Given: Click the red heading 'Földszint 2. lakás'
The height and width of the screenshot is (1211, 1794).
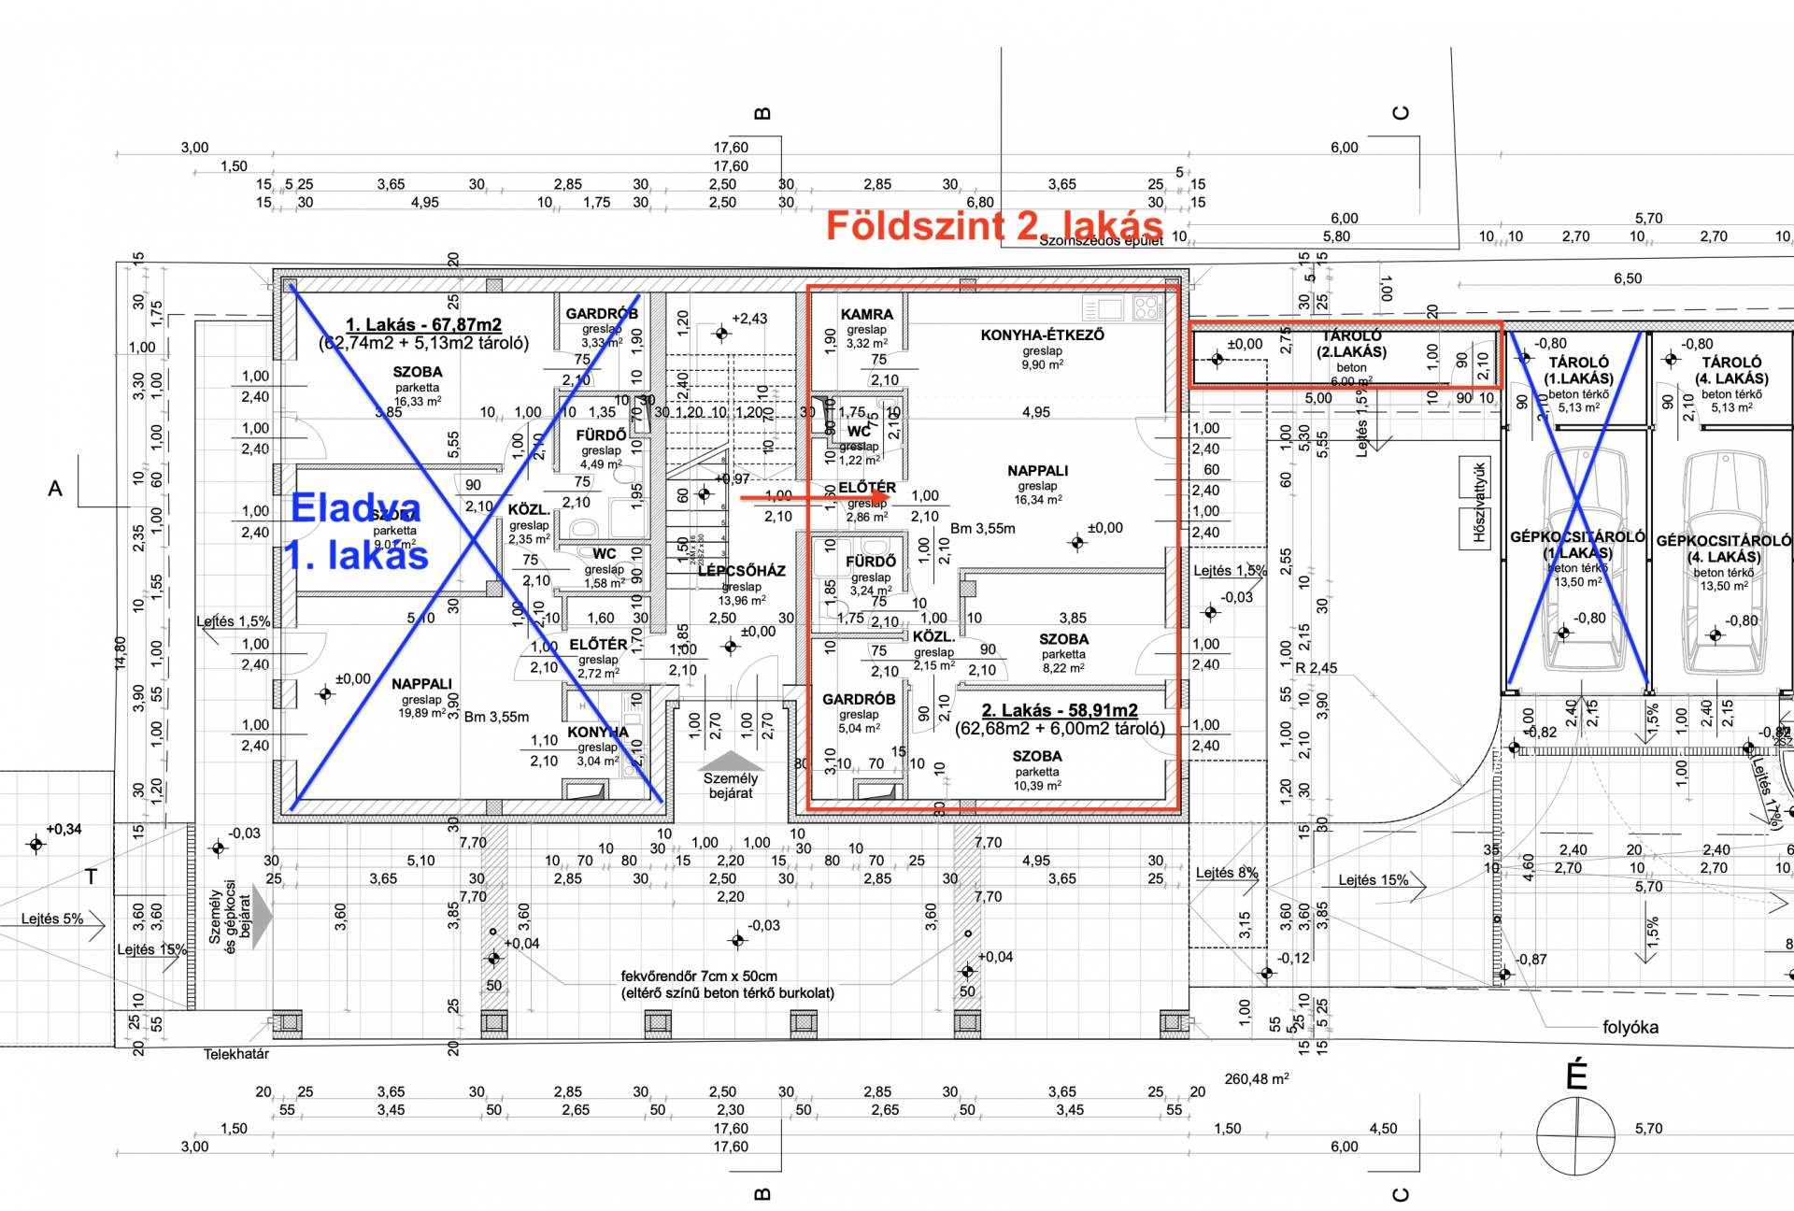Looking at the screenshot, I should [x=994, y=226].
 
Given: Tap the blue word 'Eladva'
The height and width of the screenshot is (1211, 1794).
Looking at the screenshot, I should [x=355, y=507].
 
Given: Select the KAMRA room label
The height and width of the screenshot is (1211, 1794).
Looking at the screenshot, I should [x=866, y=315].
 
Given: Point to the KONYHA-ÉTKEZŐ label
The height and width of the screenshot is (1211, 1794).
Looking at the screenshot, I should [x=1042, y=335].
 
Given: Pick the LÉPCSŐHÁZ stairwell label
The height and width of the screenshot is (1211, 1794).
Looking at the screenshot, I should [x=742, y=570].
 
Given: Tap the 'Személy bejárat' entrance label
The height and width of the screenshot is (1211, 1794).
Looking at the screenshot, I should [x=731, y=785].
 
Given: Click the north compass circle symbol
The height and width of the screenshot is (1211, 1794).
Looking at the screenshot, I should [x=1575, y=1136].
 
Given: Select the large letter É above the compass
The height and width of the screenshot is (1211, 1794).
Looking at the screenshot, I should [x=1576, y=1076].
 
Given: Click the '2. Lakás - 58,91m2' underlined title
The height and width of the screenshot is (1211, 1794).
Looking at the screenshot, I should [x=1060, y=710].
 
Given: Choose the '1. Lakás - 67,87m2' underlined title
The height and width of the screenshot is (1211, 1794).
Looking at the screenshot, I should [x=423, y=324].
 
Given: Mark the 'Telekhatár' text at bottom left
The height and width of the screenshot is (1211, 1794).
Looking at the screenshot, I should [x=236, y=1054].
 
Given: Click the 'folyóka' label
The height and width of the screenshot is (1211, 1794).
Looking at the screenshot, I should [x=1630, y=1027].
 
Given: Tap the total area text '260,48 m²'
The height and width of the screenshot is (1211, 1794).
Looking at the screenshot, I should [x=1257, y=1079].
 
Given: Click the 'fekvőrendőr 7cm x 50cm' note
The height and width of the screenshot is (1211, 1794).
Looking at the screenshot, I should [x=699, y=976].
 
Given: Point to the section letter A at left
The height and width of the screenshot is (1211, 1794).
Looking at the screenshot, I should [x=55, y=489].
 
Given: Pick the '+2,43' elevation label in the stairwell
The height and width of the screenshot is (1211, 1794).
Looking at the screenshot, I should [x=749, y=319].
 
